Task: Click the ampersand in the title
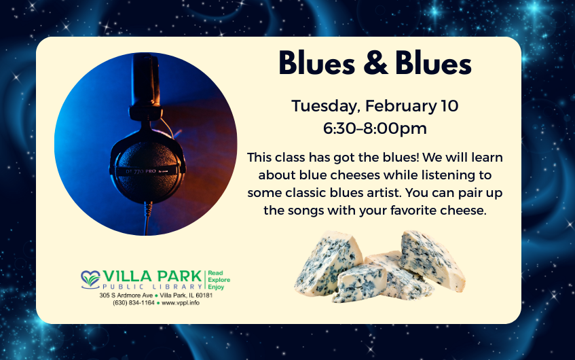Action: pyautogui.click(x=375, y=63)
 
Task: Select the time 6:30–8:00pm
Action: pyautogui.click(x=375, y=128)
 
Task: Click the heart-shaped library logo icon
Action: pyautogui.click(x=90, y=280)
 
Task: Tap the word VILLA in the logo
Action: pyautogui.click(x=127, y=276)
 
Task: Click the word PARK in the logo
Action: pyautogui.click(x=180, y=276)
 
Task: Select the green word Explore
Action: pyautogui.click(x=219, y=280)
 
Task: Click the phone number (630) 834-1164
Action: pyautogui.click(x=134, y=303)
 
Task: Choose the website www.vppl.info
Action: pyautogui.click(x=181, y=303)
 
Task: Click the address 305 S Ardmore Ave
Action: pyautogui.click(x=126, y=295)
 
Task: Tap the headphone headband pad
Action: pyautogui.click(x=146, y=80)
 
